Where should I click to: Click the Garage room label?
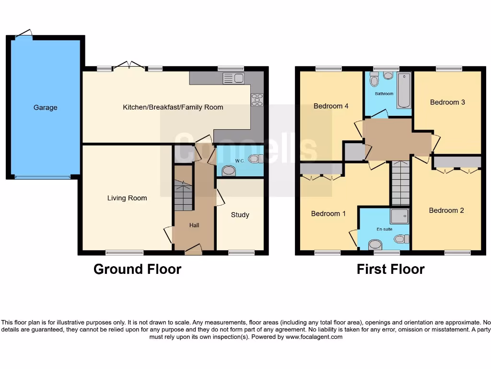pyautogui.click(x=45, y=108)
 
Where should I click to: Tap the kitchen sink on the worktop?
pyautogui.click(x=233, y=78)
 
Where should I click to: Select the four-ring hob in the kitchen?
pyautogui.click(x=257, y=99)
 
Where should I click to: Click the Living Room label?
pyautogui.click(x=127, y=198)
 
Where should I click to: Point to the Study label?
pyautogui.click(x=240, y=215)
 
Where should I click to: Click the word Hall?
pyautogui.click(x=194, y=225)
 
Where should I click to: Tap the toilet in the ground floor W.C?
pyautogui.click(x=255, y=159)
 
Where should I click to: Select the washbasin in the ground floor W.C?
pyautogui.click(x=229, y=171)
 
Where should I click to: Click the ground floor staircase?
pyautogui.click(x=183, y=195)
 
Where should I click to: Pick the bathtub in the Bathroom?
pyautogui.click(x=404, y=90)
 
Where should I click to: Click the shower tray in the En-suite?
pyautogui.click(x=399, y=216)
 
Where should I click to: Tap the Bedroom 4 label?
pyautogui.click(x=331, y=106)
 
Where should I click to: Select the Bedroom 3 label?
pyautogui.click(x=447, y=102)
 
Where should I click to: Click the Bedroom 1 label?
pyautogui.click(x=328, y=213)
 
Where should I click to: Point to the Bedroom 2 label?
pyautogui.click(x=446, y=210)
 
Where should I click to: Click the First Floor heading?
pyautogui.click(x=390, y=269)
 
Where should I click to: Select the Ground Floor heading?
pyautogui.click(x=137, y=269)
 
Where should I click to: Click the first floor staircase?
pyautogui.click(x=400, y=183)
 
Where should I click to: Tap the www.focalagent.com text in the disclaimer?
pyautogui.click(x=314, y=337)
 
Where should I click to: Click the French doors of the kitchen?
pyautogui.click(x=129, y=66)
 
